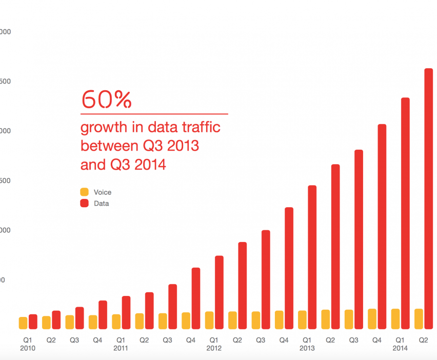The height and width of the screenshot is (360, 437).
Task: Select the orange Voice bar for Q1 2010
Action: tap(23, 323)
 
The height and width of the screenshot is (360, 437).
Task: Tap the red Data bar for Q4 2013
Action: tap(382, 226)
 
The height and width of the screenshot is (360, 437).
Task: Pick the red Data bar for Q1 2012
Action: tap(219, 292)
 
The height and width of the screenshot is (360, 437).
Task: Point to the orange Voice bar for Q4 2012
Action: tap(279, 319)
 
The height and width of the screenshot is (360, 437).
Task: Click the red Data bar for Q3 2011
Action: tap(172, 306)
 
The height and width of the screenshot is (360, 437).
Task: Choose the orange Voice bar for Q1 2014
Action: tap(395, 318)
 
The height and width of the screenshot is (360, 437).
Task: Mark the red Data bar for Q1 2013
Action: tap(312, 257)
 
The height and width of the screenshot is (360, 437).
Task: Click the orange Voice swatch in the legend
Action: tap(85, 192)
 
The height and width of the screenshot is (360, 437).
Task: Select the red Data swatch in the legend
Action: tap(85, 204)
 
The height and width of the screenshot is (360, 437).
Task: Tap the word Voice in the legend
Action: tap(103, 192)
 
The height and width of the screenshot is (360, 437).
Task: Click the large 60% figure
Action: tap(106, 99)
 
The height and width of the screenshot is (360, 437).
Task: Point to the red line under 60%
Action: tap(154, 113)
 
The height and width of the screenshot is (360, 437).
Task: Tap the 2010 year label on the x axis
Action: tap(28, 348)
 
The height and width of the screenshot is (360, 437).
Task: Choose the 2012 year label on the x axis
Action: tap(214, 348)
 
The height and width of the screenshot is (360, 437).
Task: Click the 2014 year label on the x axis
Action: tap(400, 348)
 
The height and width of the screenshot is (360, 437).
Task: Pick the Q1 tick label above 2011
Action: tap(121, 339)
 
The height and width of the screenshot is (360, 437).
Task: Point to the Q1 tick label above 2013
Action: tap(307, 339)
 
